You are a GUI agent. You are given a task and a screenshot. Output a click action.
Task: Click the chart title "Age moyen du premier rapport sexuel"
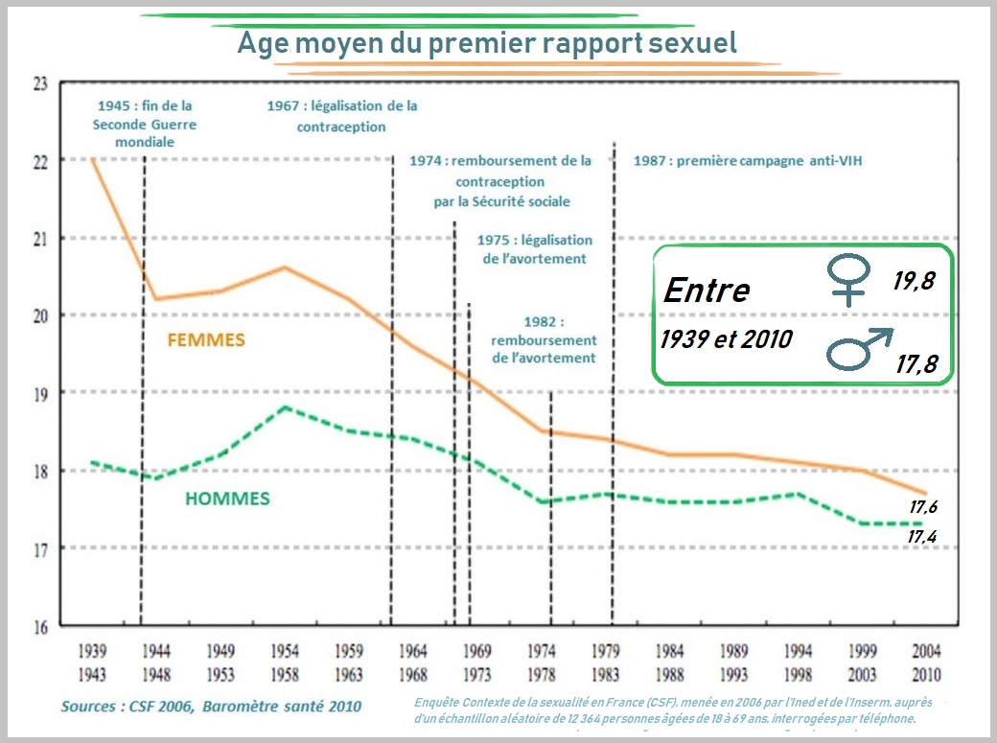click(x=487, y=42)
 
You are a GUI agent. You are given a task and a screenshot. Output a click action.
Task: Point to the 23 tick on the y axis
click(x=39, y=83)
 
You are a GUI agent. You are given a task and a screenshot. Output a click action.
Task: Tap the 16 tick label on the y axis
click(x=39, y=628)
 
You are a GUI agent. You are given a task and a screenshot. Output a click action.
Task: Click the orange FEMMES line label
click(x=206, y=340)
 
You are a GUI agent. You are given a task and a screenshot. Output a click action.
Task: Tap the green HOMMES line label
click(x=227, y=499)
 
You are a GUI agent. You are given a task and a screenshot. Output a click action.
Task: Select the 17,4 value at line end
click(x=922, y=537)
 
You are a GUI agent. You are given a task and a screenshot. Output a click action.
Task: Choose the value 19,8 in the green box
click(x=914, y=281)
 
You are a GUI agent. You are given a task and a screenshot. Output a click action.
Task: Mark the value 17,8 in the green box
click(x=916, y=364)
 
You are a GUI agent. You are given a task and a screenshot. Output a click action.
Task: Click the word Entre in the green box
click(x=707, y=290)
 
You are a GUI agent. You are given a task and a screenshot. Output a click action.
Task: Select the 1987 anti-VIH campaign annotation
click(x=748, y=161)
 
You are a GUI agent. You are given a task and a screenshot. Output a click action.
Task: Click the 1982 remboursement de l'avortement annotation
click(x=544, y=340)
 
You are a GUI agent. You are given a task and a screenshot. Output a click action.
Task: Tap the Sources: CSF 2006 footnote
click(x=211, y=707)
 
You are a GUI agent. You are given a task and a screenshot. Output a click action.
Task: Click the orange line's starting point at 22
click(x=93, y=159)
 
